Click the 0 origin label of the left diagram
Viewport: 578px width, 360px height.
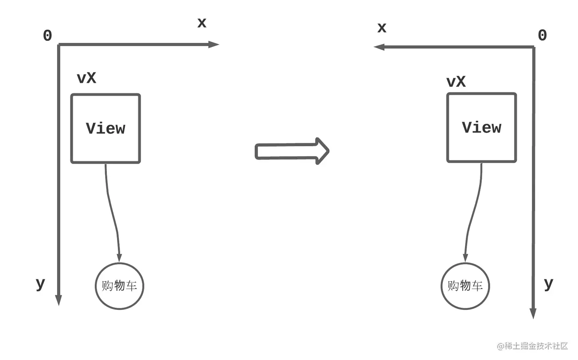[47, 36]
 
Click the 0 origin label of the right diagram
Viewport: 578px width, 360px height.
[542, 36]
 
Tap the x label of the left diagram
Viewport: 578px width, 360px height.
[202, 23]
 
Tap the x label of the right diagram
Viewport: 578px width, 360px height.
[382, 28]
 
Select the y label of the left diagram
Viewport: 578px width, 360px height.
[40, 284]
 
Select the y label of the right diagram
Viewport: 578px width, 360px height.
[548, 284]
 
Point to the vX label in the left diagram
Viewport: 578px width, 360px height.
[86, 78]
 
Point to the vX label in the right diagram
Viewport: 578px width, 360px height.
[456, 82]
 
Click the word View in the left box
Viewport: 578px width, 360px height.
[105, 129]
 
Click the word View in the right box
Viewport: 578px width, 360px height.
[481, 128]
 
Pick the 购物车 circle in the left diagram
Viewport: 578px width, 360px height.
[120, 286]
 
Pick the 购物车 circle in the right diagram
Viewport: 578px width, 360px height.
[465, 286]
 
